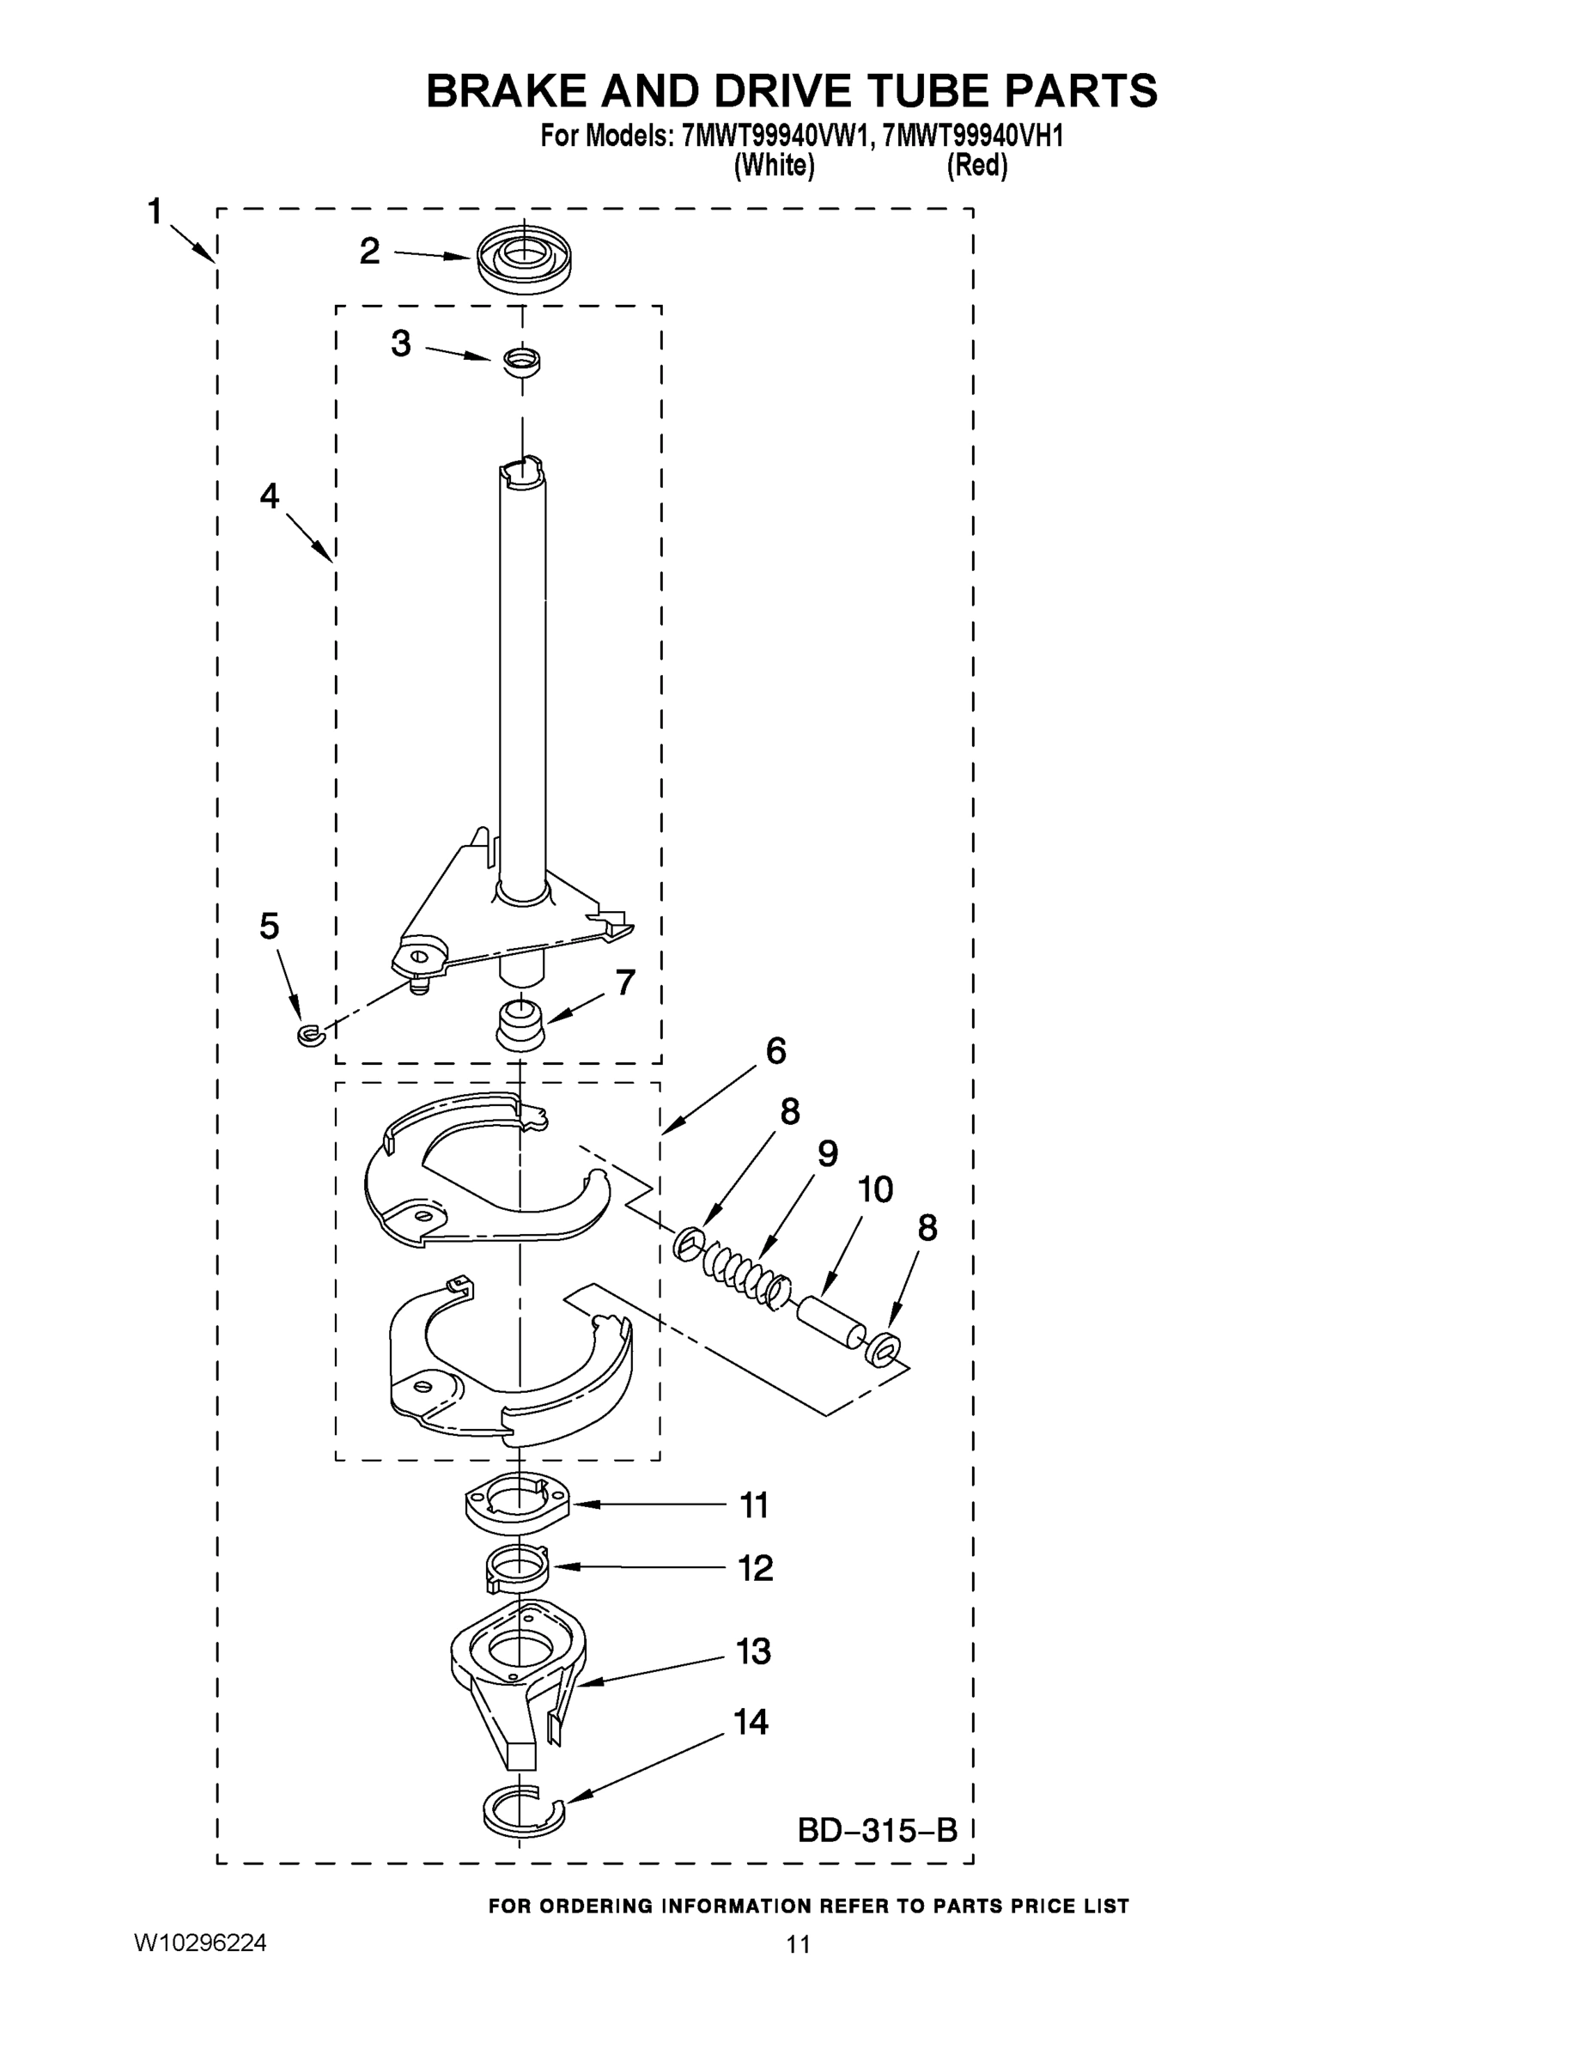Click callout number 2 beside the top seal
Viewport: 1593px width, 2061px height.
point(370,251)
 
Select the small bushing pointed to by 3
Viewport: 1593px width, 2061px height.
point(521,361)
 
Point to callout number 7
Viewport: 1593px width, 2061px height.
point(624,982)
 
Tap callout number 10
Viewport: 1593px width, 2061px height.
point(875,1190)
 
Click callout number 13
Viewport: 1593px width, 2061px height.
point(753,1651)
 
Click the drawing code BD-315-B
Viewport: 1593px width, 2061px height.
point(877,1830)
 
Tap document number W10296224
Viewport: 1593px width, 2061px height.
point(200,1943)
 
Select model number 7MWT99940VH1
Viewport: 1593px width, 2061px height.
point(974,136)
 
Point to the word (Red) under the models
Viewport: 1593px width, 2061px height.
point(976,166)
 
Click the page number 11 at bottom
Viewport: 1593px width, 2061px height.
point(798,1944)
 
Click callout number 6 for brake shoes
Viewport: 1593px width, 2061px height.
point(775,1050)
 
